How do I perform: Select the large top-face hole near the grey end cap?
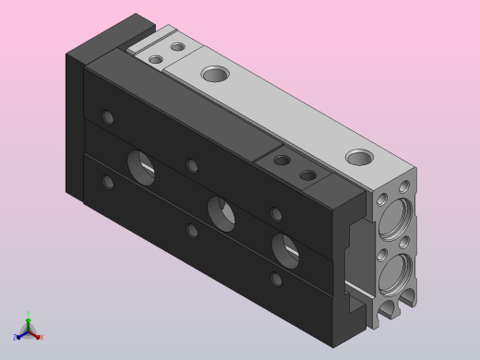tap(358, 158)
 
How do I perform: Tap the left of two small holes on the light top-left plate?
tap(156, 59)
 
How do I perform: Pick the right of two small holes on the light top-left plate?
tap(176, 45)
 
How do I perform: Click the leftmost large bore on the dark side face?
tap(141, 165)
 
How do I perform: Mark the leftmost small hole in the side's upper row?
tap(109, 117)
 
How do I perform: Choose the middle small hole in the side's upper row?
tap(192, 166)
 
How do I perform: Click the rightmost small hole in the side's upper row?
tap(275, 214)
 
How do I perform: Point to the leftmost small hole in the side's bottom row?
tap(109, 182)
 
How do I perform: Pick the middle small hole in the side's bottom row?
tap(192, 230)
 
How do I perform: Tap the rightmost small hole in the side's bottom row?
tap(275, 278)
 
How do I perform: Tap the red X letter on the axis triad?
tap(41, 337)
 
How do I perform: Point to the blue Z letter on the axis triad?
tap(17, 336)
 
